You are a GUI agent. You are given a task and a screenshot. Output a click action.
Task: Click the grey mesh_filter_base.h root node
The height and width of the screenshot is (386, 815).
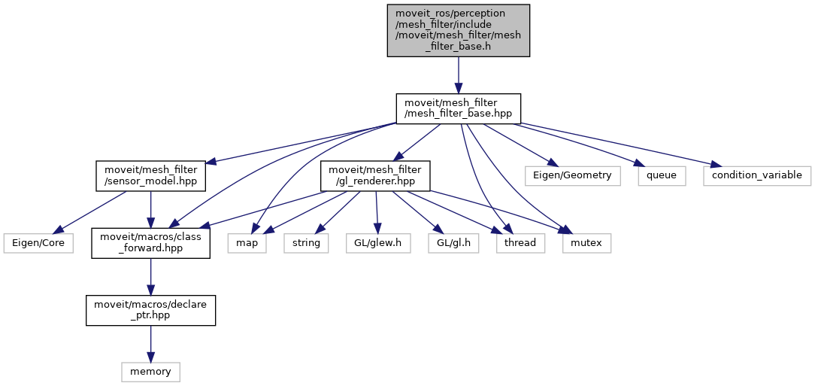459,30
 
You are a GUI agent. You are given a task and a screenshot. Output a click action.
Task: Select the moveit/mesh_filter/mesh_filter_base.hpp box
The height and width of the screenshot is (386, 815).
459,108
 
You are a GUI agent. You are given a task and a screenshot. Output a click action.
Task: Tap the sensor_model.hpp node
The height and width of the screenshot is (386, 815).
150,175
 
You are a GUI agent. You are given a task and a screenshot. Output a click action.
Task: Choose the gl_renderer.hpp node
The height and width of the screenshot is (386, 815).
375,175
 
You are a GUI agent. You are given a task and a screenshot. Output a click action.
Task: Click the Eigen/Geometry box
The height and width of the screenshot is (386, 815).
573,175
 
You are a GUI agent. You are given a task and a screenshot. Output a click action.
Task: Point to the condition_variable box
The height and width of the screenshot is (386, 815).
757,175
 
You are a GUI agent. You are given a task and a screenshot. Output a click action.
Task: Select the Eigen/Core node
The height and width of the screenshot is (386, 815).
38,243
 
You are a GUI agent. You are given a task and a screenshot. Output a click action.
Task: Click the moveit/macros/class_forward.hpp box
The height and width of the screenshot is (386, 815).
150,243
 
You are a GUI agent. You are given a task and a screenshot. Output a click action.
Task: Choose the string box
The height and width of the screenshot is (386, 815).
306,243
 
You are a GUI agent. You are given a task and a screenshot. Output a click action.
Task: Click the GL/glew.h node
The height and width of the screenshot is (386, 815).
378,243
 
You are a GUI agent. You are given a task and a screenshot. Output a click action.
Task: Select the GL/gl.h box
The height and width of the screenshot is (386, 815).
454,243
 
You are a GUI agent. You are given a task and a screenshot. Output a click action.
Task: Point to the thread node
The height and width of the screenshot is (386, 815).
520,243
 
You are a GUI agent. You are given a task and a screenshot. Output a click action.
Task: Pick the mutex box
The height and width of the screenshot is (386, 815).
586,243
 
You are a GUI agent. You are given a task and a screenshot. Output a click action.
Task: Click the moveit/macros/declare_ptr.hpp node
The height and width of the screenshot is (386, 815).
150,310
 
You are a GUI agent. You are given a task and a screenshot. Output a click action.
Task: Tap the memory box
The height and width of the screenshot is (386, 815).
150,371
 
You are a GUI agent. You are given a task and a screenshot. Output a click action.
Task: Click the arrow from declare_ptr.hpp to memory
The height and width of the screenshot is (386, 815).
150,343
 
